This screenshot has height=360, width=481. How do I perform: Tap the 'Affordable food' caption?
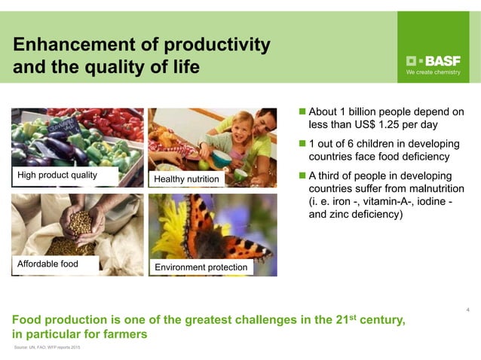tap(47, 264)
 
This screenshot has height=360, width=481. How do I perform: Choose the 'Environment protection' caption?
tap(201, 267)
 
